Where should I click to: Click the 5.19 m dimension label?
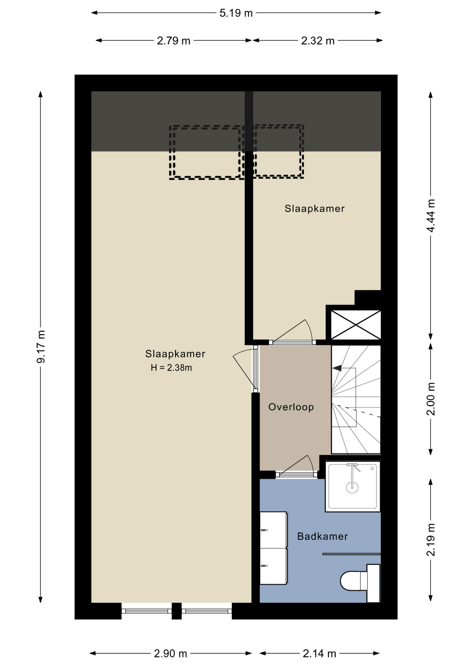[236, 13]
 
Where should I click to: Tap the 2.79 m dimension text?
[173, 41]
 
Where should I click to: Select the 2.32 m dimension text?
[318, 41]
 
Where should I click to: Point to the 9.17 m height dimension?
[41, 347]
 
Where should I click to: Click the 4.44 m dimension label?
[431, 215]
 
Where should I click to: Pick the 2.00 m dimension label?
[431, 399]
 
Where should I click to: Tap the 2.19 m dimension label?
[431, 540]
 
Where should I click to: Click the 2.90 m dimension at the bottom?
[171, 654]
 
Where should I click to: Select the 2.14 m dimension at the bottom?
[319, 654]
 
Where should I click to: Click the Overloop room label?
[291, 407]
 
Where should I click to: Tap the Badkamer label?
[323, 536]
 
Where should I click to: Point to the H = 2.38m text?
[171, 368]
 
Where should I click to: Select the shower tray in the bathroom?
[352, 486]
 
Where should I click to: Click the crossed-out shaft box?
[356, 325]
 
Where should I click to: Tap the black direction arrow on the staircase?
[337, 368]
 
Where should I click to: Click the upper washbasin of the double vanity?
[274, 530]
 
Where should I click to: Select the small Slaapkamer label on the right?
[315, 208]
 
